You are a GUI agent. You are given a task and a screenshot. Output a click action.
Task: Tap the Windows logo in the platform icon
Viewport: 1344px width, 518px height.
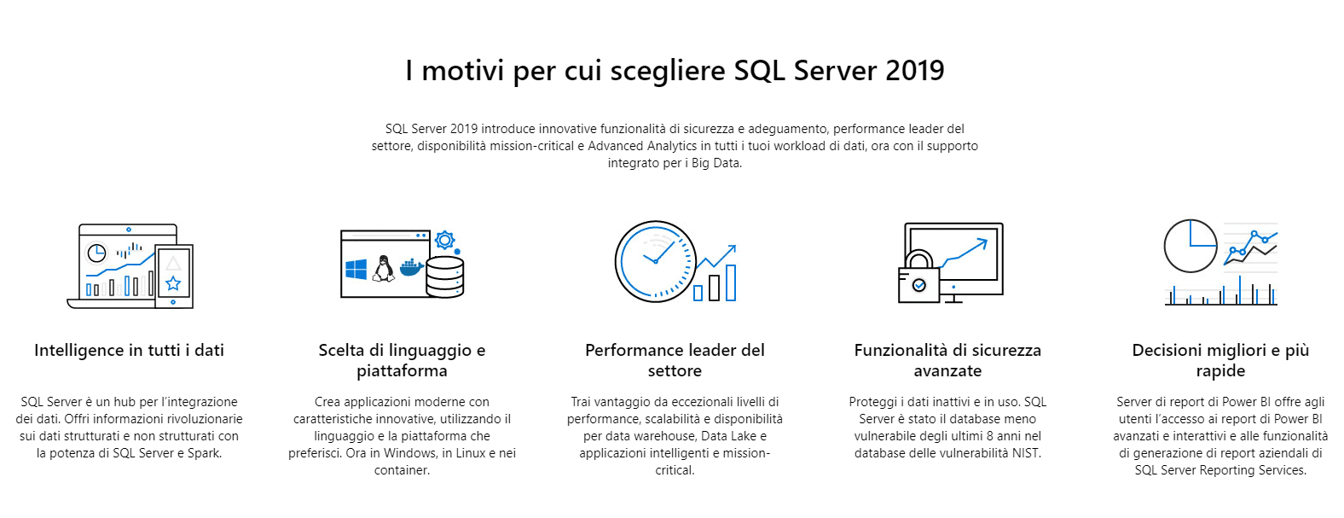click(356, 269)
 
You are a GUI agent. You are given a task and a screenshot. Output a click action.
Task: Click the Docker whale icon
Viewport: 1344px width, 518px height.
click(412, 268)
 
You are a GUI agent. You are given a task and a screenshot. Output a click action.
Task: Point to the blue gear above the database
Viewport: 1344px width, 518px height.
click(444, 241)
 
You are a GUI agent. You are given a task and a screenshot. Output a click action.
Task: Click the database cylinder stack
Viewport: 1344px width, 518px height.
click(444, 276)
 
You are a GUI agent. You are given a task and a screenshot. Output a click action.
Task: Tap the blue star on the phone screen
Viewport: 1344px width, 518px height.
click(173, 283)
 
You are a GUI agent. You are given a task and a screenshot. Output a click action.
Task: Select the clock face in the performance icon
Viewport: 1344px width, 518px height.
click(655, 262)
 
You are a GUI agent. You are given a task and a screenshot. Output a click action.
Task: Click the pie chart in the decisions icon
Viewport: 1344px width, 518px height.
click(1190, 246)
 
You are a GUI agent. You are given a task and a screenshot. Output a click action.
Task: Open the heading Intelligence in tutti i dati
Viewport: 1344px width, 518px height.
click(129, 351)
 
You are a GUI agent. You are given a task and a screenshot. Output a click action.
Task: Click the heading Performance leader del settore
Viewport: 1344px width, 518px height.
click(675, 360)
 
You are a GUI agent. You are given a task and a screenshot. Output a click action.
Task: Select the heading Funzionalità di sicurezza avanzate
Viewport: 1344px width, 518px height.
click(948, 360)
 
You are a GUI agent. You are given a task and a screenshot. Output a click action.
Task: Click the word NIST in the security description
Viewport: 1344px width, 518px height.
click(1026, 453)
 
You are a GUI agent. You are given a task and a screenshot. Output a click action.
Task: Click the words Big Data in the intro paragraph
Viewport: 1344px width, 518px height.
click(715, 163)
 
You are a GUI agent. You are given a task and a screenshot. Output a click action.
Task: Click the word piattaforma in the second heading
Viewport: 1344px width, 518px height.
click(402, 371)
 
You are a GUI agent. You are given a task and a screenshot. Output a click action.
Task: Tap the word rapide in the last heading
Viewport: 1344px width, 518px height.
click(1220, 371)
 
